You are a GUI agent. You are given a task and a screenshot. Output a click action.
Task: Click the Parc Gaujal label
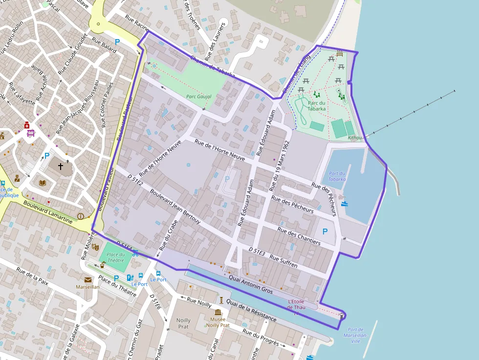[199, 97]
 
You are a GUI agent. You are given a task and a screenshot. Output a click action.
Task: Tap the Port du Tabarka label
[337, 176]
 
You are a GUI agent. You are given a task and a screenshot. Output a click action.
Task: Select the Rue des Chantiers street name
[299, 236]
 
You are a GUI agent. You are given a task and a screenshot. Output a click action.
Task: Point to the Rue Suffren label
[283, 261]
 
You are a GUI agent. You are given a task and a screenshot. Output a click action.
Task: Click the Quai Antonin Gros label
[250, 283]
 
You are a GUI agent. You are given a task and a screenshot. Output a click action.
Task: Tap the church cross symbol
[61, 167]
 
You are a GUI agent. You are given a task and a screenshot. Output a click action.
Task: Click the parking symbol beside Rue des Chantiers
[325, 231]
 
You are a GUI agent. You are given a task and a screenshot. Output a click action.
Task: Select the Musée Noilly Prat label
[218, 322]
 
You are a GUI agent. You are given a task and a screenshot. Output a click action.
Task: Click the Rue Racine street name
[137, 22]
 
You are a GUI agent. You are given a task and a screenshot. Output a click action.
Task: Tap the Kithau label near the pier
[355, 138]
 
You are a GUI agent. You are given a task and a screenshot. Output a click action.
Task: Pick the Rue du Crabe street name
[167, 235]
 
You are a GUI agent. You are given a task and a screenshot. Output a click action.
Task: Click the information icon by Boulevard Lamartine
[81, 216]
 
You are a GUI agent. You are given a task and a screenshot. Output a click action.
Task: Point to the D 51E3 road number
[257, 251]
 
